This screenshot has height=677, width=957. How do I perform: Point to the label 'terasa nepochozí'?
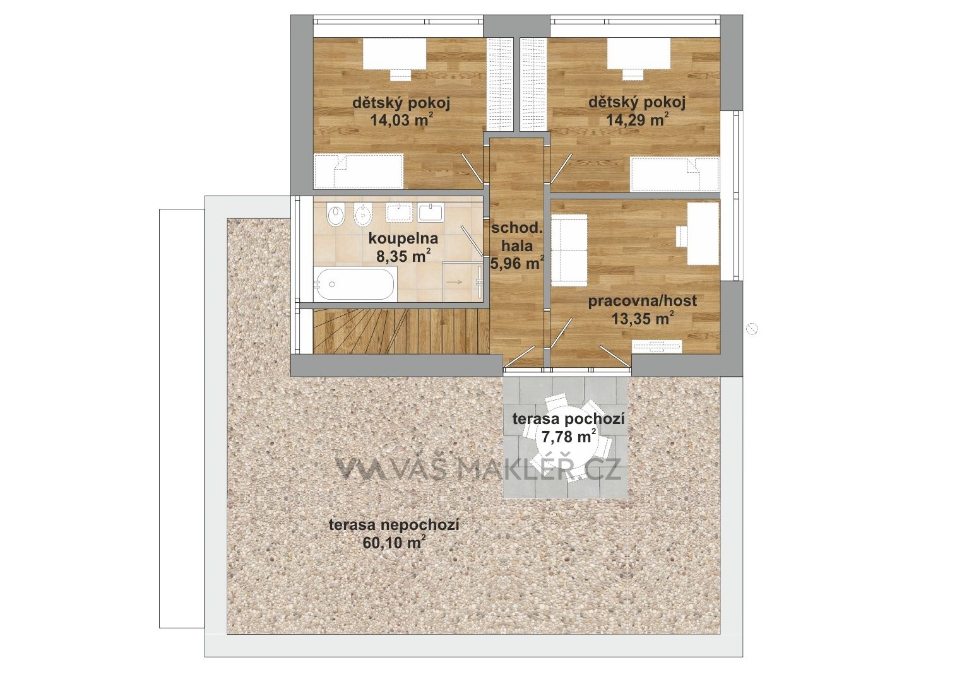click(x=394, y=524)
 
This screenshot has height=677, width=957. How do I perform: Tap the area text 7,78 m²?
click(x=569, y=437)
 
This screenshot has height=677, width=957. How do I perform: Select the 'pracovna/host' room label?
click(x=642, y=301)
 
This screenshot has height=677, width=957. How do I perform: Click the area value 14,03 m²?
click(x=402, y=120)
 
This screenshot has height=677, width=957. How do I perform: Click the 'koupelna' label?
click(x=403, y=238)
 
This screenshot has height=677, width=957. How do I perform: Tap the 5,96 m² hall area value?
click(x=518, y=263)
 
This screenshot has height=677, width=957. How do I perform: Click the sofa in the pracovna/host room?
click(x=569, y=251)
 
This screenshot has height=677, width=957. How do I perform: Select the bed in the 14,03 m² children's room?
click(x=359, y=171)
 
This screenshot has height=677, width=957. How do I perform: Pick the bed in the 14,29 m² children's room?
click(x=675, y=175)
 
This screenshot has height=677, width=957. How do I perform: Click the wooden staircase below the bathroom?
click(x=401, y=331)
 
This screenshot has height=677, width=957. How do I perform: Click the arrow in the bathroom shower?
click(x=455, y=282)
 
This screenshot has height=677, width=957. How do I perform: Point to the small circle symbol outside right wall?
click(x=752, y=329)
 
